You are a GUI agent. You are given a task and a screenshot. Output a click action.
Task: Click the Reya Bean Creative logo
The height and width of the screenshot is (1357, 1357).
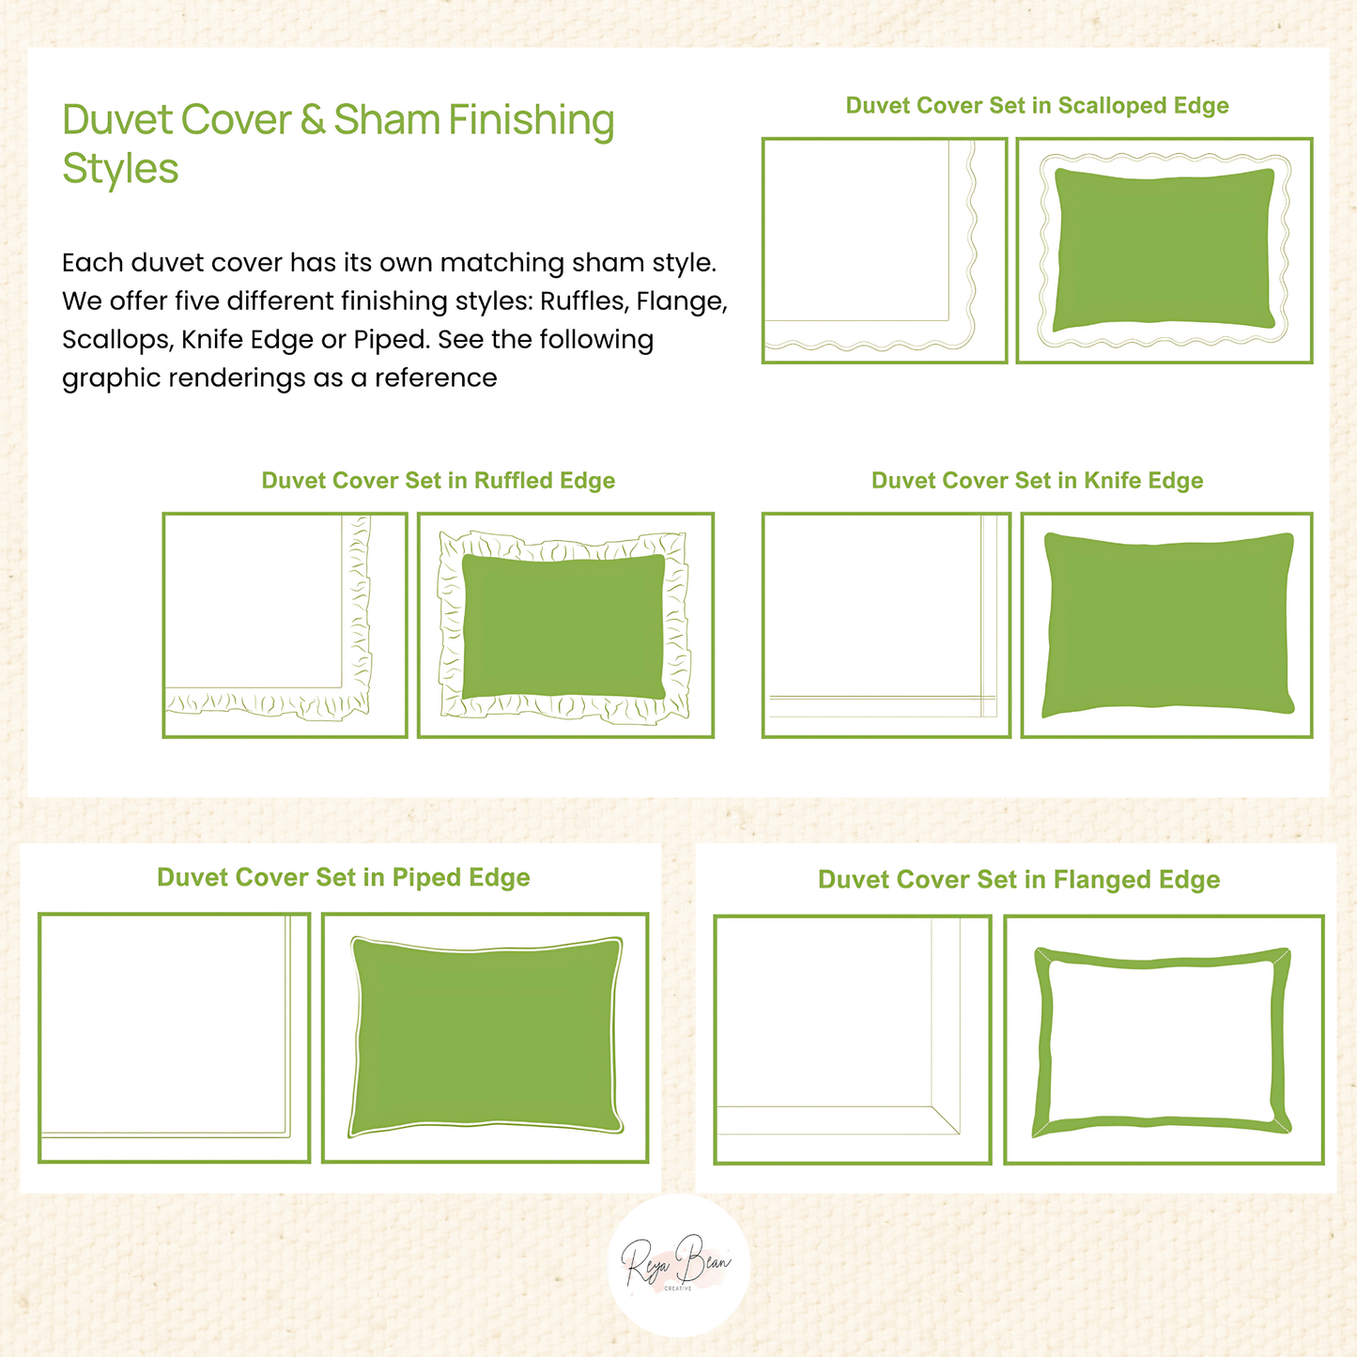pyautogui.click(x=678, y=1266)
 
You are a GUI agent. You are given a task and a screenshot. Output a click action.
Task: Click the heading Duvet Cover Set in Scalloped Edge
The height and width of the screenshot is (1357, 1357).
pyautogui.click(x=1037, y=105)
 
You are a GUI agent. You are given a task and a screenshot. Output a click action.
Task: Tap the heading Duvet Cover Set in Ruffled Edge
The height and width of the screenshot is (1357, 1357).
pyautogui.click(x=438, y=480)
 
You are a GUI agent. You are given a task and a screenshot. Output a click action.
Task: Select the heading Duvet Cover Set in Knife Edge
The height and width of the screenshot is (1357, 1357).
pyautogui.click(x=1037, y=480)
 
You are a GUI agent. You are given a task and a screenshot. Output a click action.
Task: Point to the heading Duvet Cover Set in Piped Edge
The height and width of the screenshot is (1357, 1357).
pyautogui.click(x=343, y=877)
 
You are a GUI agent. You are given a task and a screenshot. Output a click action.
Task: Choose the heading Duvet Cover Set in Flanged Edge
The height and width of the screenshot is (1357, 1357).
pyautogui.click(x=1018, y=880)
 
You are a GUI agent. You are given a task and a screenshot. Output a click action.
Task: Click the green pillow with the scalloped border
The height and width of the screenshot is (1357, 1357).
pyautogui.click(x=1164, y=249)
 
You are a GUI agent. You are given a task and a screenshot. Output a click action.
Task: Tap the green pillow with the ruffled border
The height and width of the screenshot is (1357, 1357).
pyautogui.click(x=563, y=626)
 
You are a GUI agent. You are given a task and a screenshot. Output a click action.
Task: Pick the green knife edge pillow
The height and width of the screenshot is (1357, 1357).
pyautogui.click(x=1168, y=625)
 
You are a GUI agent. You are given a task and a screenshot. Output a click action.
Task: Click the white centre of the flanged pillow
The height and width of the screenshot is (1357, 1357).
pyautogui.click(x=1162, y=1041)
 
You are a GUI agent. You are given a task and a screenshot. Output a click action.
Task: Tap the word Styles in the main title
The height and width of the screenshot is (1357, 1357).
pyautogui.click(x=120, y=170)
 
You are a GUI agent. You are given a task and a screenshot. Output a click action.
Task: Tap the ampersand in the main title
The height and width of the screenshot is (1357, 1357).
pyautogui.click(x=312, y=119)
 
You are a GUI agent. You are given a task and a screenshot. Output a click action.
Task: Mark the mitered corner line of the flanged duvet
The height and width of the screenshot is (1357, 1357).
pyautogui.click(x=945, y=1119)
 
